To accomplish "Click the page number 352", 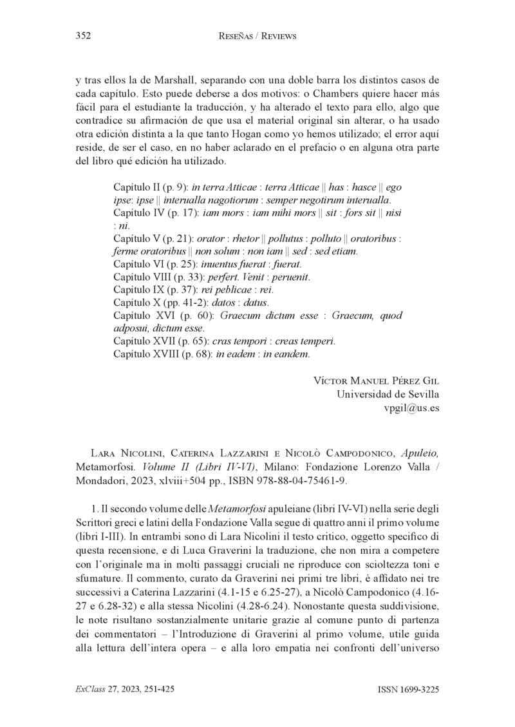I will pyautogui.click(x=82, y=37).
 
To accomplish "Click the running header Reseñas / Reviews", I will pyautogui.click(x=257, y=37).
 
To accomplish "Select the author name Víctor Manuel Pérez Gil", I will pyautogui.click(x=377, y=380).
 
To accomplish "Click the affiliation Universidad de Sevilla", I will pyautogui.click(x=388, y=393).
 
